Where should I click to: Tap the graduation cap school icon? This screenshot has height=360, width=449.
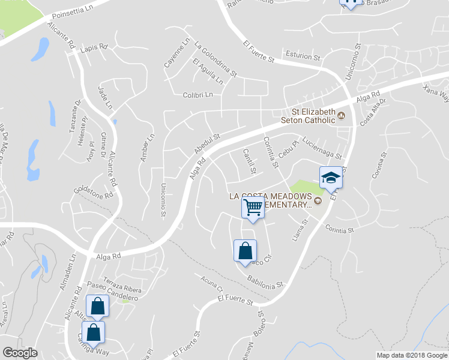330,178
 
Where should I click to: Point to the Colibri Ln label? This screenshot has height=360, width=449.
197,95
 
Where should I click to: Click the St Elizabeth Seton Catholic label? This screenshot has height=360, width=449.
313,115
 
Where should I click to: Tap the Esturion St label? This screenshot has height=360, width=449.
303,56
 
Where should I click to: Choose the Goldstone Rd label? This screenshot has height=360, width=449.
92,192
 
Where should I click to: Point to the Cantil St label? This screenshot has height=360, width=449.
249,162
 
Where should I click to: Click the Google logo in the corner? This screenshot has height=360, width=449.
20,353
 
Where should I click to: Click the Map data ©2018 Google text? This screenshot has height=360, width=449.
412,355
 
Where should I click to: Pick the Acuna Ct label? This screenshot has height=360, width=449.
212,282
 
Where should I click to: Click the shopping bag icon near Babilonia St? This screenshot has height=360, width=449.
245,251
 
